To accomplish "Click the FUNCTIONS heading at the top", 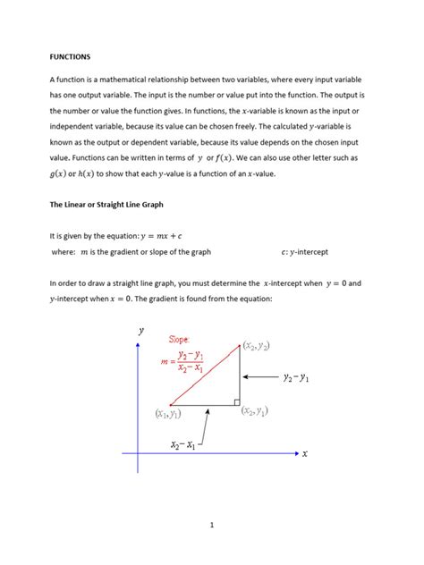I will pos(70,56).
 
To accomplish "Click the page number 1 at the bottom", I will pos(212,526).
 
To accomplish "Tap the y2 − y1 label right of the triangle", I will pos(295,378).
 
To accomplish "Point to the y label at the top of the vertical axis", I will pos(140,330).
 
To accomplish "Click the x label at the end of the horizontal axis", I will pos(304,453).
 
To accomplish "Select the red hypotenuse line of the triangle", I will pos(204,375).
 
